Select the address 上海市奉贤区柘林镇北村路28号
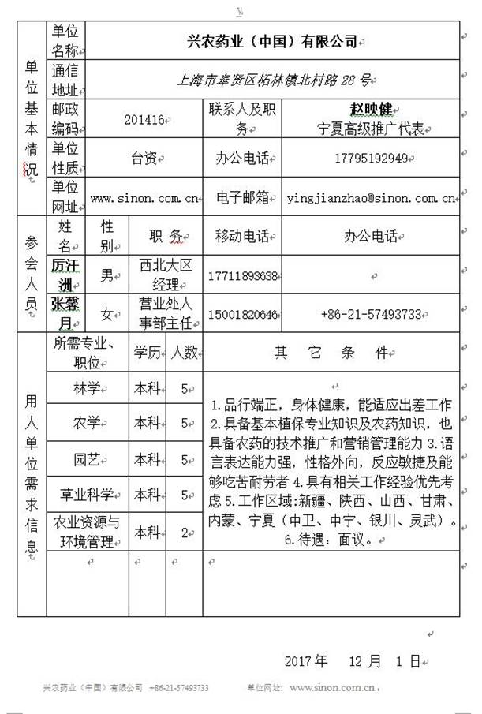[x=273, y=80]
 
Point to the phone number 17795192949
[x=370, y=159]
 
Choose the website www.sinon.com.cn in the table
[x=144, y=198]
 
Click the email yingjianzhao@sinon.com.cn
[x=369, y=198]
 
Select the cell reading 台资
[x=144, y=159]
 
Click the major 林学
[x=87, y=388]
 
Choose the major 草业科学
[x=87, y=495]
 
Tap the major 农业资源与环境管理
[x=87, y=532]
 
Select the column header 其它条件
[x=331, y=352]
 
